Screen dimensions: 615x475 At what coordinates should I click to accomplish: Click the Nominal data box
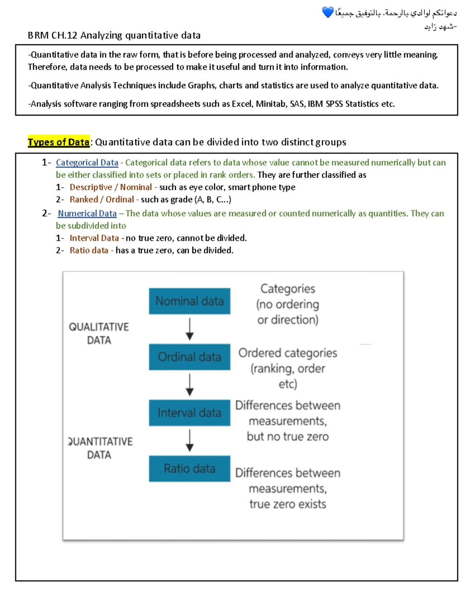click(189, 301)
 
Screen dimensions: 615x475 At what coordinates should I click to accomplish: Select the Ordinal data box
click(189, 357)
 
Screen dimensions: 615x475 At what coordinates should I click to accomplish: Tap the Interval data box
click(189, 413)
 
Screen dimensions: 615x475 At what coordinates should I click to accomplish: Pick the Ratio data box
click(189, 468)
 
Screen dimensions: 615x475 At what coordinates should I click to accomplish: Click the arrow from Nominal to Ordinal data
click(190, 329)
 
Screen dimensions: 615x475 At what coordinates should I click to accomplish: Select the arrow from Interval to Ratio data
click(190, 440)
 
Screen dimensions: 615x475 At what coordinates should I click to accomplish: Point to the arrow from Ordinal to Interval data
click(190, 385)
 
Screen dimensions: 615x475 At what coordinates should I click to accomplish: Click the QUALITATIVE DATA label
click(99, 333)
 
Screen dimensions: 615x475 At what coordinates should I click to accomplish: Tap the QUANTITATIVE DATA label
click(100, 448)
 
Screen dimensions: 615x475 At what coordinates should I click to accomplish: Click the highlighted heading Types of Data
click(59, 142)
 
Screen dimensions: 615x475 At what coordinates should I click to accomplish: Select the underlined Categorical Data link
click(87, 163)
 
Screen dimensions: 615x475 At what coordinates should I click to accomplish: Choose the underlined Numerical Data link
click(87, 213)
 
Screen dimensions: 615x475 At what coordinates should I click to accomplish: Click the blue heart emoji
click(328, 13)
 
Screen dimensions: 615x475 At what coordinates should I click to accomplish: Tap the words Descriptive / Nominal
click(110, 187)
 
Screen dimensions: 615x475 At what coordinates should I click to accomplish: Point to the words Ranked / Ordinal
click(102, 200)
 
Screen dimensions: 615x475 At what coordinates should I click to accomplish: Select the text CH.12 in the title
click(64, 36)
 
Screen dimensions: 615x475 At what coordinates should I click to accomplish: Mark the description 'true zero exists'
click(288, 504)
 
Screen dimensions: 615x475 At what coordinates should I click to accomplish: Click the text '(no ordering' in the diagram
click(288, 305)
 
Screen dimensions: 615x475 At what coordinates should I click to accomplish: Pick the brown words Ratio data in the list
click(89, 250)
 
